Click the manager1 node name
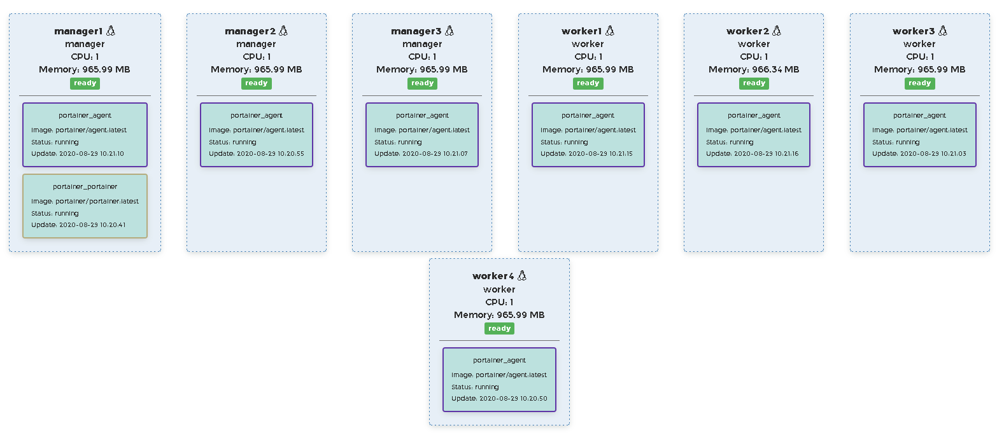[78, 31]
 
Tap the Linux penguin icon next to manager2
[283, 31]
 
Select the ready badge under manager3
[422, 83]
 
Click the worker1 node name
[581, 31]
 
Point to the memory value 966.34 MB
[754, 69]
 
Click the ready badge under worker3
[919, 83]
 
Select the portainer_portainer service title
[85, 187]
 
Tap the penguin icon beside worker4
[522, 275]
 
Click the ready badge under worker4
[499, 329]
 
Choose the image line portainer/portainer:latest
[85, 202]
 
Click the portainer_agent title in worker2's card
[754, 116]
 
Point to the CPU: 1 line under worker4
[499, 302]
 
